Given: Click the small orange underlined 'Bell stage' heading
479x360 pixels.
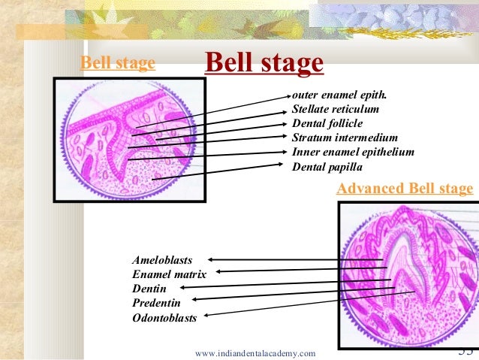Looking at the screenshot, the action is (118, 63).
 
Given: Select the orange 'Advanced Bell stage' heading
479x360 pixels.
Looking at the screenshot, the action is (405, 188).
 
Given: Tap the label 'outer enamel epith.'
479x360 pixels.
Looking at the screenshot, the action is (340, 96).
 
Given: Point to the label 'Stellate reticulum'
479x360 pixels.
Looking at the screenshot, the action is (335, 110).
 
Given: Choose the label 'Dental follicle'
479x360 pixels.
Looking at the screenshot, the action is (327, 123).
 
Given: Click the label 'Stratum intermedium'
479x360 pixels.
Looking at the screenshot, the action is (344, 138).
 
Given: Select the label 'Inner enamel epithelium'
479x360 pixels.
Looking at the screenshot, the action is (352, 152).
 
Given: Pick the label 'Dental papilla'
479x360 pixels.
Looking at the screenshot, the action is (327, 166).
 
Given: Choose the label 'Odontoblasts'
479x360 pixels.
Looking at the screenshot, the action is (164, 318).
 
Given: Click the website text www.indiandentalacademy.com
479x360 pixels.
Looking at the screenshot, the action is (255, 352).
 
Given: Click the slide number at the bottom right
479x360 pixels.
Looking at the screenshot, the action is (465, 351).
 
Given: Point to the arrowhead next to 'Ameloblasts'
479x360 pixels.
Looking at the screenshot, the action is (211, 259).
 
